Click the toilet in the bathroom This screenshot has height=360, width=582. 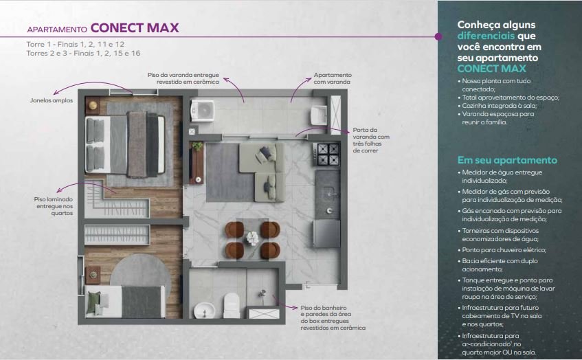point(232,305)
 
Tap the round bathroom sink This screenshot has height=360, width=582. point(205,311)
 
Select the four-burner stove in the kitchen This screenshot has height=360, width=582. point(326,154)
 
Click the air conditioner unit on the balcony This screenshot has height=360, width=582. point(202,111)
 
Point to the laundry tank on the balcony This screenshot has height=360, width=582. point(318,115)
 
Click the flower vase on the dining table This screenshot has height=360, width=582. point(252,238)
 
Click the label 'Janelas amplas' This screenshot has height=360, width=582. point(52,100)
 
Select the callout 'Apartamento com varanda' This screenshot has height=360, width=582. point(332,78)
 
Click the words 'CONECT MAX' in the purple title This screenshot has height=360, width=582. point(135,28)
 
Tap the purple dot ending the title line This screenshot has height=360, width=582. point(438,36)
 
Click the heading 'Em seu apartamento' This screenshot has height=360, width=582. point(507,160)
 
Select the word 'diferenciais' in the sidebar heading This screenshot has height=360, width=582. point(486,36)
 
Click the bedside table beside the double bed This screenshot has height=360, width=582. point(93,105)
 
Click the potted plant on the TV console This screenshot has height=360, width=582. point(197,146)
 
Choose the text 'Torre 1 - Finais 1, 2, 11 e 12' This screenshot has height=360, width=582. point(76,44)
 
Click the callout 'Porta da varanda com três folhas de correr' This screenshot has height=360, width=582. point(371,140)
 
